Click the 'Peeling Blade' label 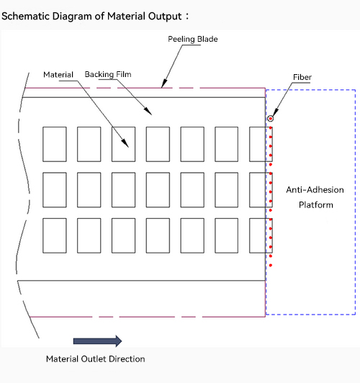point(193,39)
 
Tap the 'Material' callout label point(58,74)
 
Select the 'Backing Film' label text point(108,74)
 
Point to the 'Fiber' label point(302,77)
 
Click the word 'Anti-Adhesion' point(315,190)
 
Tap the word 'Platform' point(316,204)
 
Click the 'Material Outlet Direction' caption point(96,359)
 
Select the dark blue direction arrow point(97,341)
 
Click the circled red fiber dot point(270,119)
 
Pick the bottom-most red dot point(271,265)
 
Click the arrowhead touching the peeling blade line point(164,84)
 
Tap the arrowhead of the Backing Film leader point(148,111)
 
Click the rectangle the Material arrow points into point(123,144)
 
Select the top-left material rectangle point(55,144)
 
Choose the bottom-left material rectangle point(55,235)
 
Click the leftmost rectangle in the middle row point(55,190)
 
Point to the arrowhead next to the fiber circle point(275,112)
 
